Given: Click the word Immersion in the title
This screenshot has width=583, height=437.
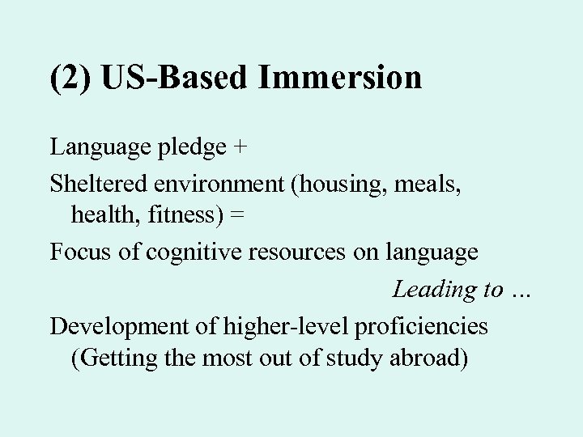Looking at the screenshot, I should [x=341, y=78].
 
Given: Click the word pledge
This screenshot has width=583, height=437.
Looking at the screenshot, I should [x=186, y=148].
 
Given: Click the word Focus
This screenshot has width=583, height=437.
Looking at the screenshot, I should [x=78, y=252].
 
